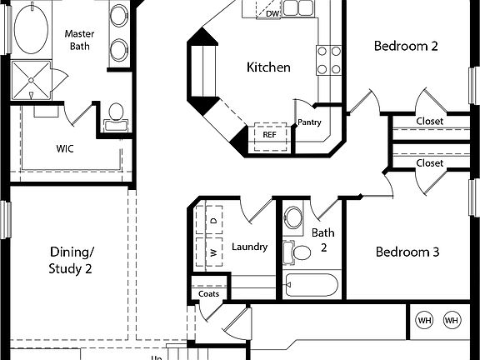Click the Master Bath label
tap(79, 40)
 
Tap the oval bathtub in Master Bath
tap(32, 32)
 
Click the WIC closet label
tap(66, 149)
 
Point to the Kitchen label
tap(268, 67)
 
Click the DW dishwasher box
tap(272, 12)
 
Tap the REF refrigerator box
tap(269, 134)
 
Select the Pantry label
tap(309, 122)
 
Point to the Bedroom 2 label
tap(405, 46)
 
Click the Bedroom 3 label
tap(407, 252)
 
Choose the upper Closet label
tap(429, 121)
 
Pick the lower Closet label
tap(429, 163)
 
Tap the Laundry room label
tap(249, 247)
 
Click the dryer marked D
tap(212, 221)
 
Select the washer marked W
tap(212, 251)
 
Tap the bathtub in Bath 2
tap(312, 285)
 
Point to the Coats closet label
tap(208, 293)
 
